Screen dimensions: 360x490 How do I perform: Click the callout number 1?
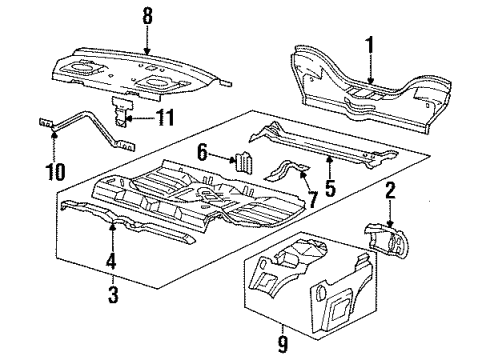click(369, 45)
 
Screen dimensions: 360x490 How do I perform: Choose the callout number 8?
click(148, 16)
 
